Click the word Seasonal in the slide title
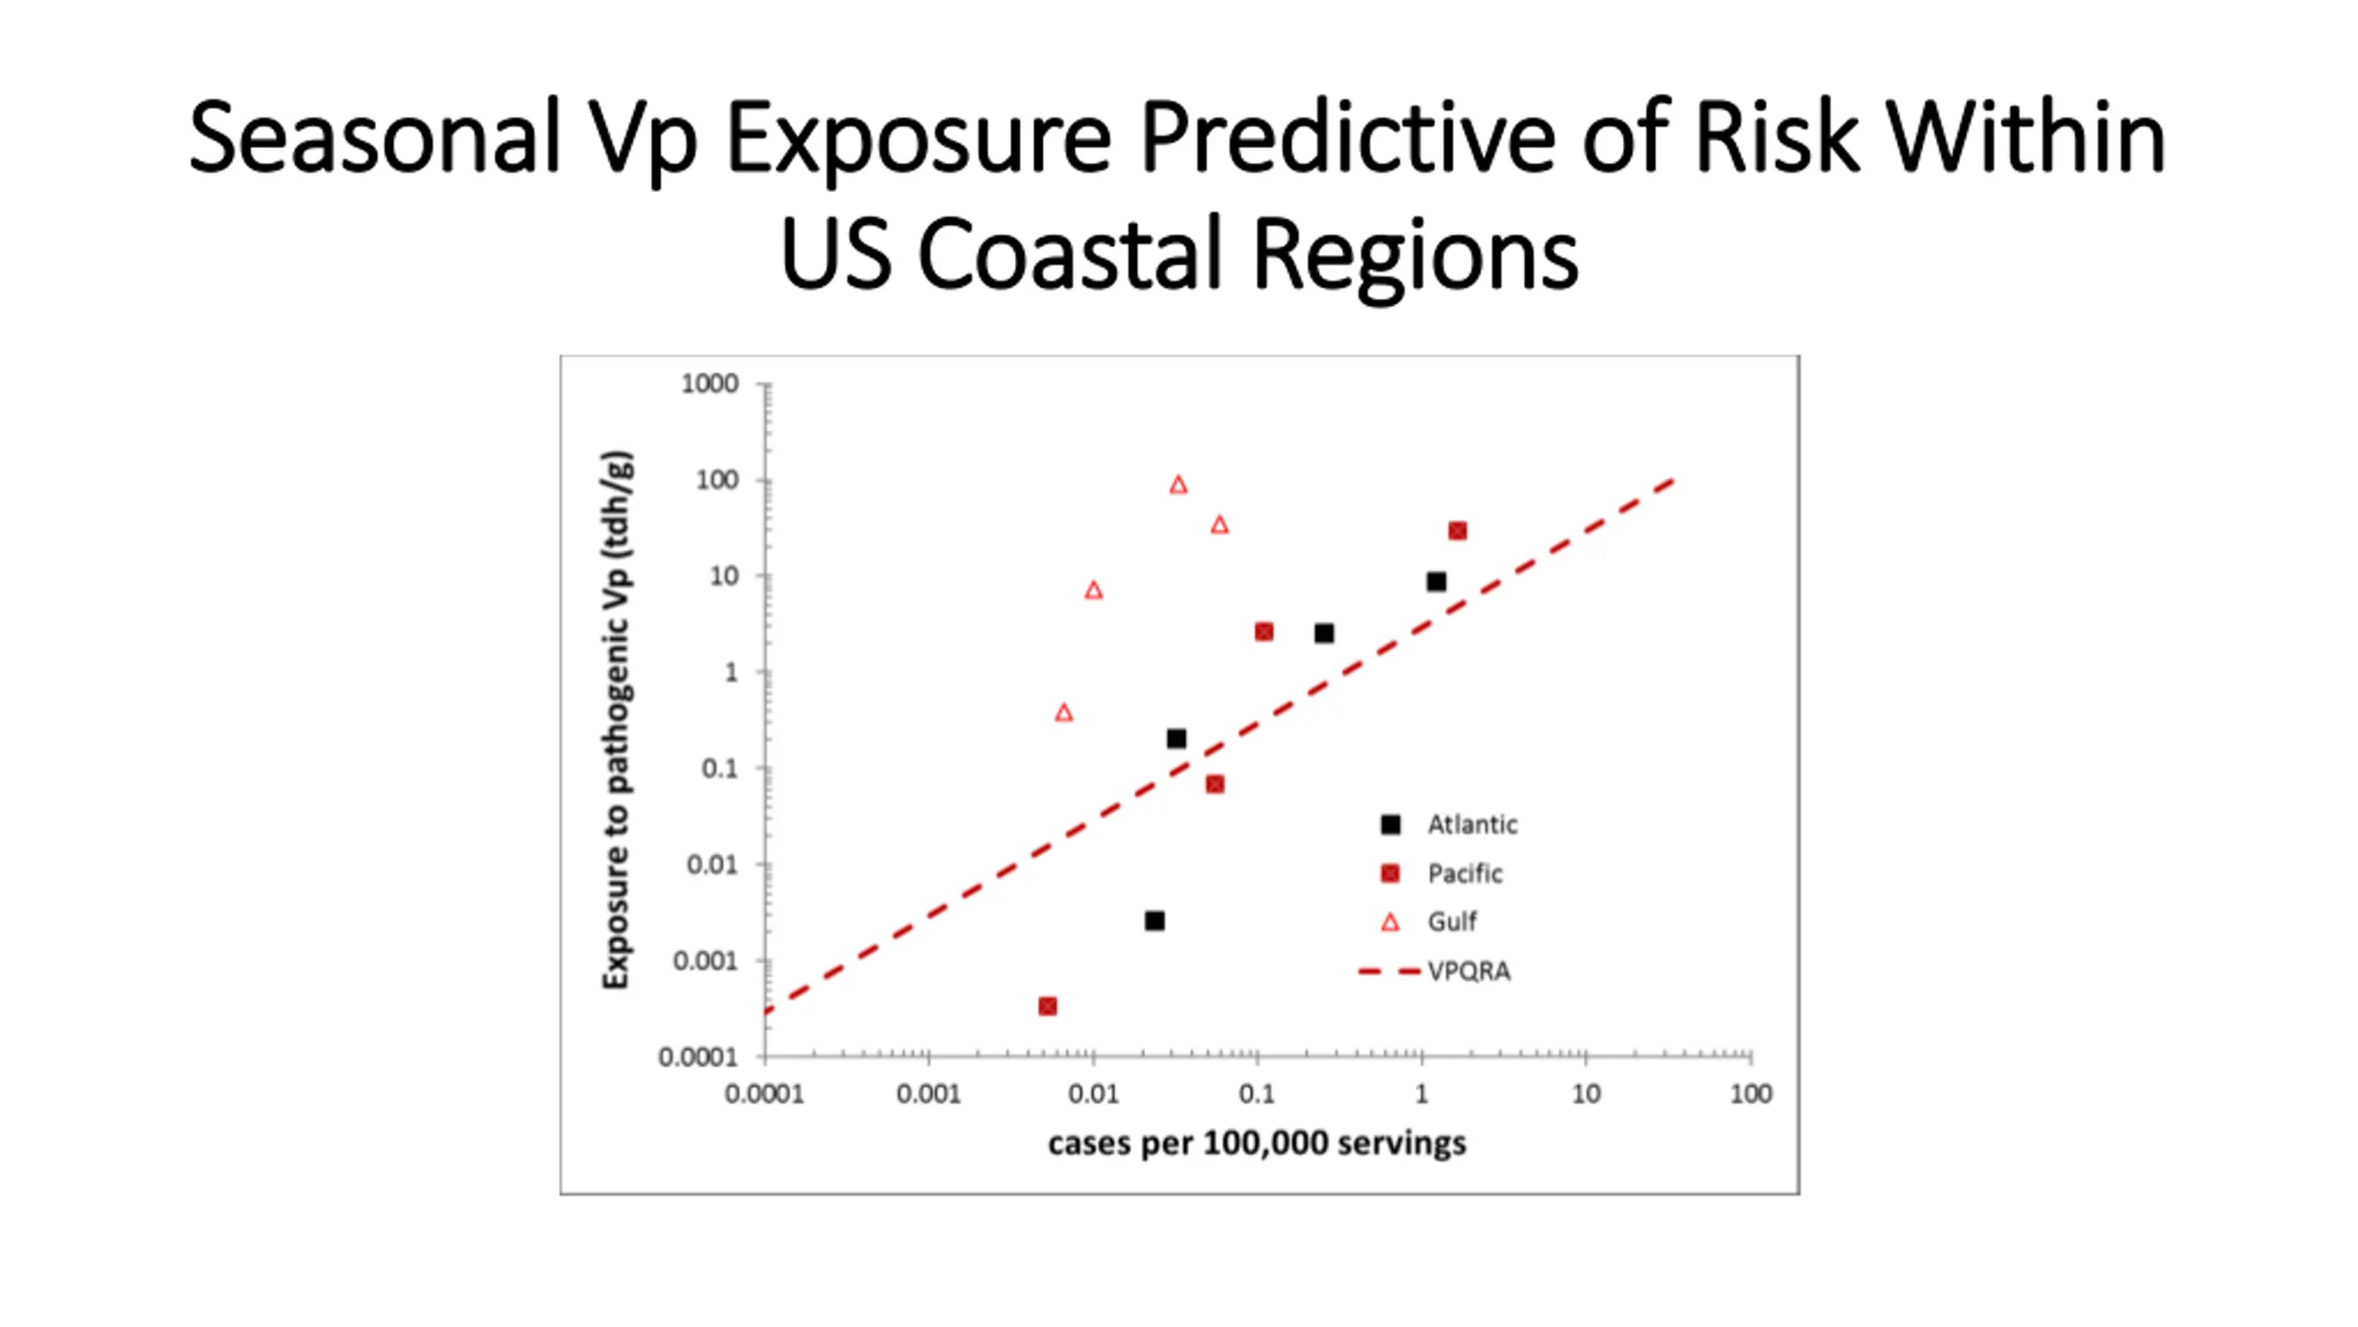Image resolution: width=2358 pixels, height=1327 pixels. click(374, 138)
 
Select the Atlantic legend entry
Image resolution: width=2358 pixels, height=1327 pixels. click(1471, 825)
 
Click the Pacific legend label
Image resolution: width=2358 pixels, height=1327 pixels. click(1464, 874)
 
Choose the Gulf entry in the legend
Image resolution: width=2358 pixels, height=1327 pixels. click(1452, 922)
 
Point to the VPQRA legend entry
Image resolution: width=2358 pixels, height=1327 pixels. click(1468, 971)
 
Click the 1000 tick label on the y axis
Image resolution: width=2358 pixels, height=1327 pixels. click(709, 383)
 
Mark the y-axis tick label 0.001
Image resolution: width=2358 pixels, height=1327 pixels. click(706, 961)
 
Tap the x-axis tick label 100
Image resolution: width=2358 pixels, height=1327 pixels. click(1750, 1094)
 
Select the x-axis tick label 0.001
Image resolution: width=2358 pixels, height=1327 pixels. click(928, 1094)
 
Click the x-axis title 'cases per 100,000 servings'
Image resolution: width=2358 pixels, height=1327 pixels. click(1256, 1144)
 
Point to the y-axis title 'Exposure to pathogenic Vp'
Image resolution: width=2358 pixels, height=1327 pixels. click(616, 719)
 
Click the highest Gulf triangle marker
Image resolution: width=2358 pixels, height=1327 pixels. click(1178, 485)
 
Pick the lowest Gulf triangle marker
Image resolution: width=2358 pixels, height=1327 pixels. click(1064, 712)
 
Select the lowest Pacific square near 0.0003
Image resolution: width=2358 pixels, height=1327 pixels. click(1047, 1006)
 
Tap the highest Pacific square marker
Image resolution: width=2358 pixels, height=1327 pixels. click(1457, 531)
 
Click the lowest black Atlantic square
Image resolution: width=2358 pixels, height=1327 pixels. click(1154, 921)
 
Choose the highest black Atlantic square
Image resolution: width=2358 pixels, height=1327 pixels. click(1436, 581)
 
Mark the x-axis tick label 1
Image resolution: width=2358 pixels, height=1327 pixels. click(1421, 1094)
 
